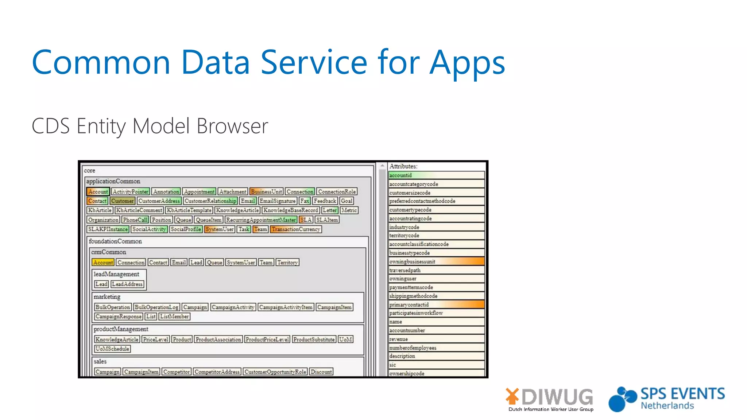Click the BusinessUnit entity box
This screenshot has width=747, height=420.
tap(266, 191)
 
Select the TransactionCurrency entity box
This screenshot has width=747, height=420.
tap(296, 229)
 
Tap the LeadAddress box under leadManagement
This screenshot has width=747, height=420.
tap(127, 284)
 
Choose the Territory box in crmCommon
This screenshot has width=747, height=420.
tap(287, 262)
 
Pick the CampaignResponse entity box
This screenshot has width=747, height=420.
tap(119, 316)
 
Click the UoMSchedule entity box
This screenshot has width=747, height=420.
tap(112, 349)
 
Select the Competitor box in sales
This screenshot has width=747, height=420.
tap(177, 372)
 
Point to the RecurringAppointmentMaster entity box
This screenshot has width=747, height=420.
tap(261, 220)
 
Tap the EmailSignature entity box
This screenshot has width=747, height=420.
tap(278, 201)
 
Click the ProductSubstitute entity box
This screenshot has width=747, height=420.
tap(314, 339)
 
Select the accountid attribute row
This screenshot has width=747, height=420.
tap(436, 175)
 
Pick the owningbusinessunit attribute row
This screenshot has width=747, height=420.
tap(436, 261)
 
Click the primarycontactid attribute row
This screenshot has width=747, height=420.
tap(436, 304)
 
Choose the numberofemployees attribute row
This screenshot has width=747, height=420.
tap(436, 348)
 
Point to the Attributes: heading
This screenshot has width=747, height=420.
tap(403, 166)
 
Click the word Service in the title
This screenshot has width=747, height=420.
tap(314, 62)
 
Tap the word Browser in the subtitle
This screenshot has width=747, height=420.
tap(232, 126)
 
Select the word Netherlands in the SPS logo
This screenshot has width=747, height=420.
tap(667, 406)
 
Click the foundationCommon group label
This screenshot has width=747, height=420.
tap(115, 241)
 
